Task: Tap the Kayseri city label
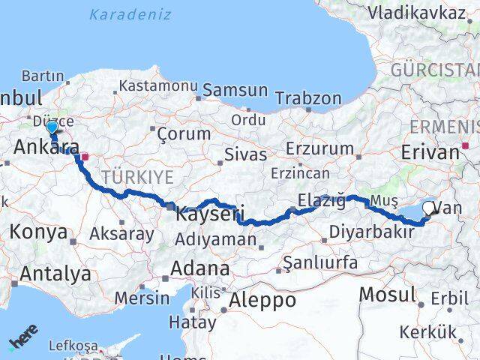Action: click(x=210, y=214)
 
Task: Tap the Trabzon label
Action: click(x=308, y=98)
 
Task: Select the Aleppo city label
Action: click(x=262, y=300)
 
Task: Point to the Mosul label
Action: click(x=387, y=294)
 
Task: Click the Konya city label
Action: click(x=38, y=232)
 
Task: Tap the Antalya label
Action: click(x=55, y=274)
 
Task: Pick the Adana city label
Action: click(x=200, y=268)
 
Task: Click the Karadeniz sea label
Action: click(x=130, y=14)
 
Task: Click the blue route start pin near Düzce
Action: click(x=51, y=129)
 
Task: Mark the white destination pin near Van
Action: click(x=429, y=209)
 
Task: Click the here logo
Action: click(x=23, y=339)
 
